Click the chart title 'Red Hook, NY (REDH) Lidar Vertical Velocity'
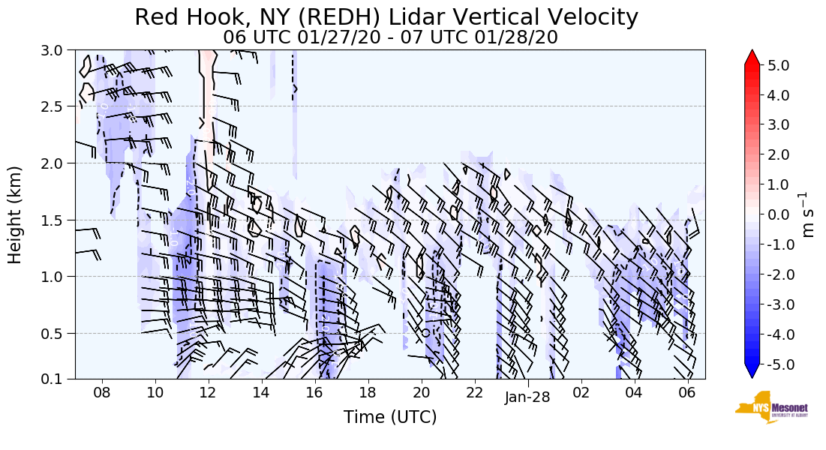pyautogui.click(x=386, y=17)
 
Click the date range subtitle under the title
pyautogui.click(x=390, y=37)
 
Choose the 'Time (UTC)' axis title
pyautogui.click(x=390, y=418)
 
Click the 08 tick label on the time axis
pyautogui.click(x=102, y=393)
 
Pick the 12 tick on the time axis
pyautogui.click(x=208, y=393)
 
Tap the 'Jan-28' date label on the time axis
pyautogui.click(x=527, y=397)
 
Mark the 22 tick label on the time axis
pyautogui.click(x=474, y=393)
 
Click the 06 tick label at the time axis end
pyautogui.click(x=686, y=393)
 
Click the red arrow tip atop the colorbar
pyautogui.click(x=752, y=57)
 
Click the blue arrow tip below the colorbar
pyautogui.click(x=752, y=372)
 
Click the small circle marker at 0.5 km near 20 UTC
pyautogui.click(x=425, y=332)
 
